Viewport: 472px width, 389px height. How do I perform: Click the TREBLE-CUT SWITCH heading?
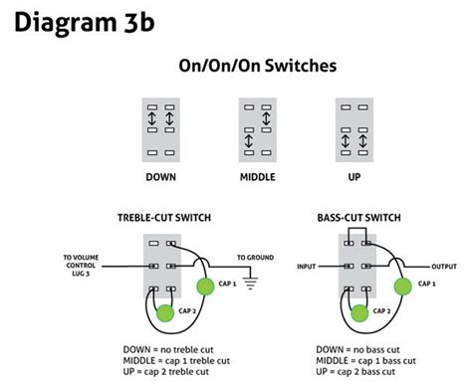(x=164, y=217)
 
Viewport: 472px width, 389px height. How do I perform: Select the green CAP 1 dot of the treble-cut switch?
(x=205, y=288)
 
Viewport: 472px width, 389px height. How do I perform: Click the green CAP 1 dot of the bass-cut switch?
(x=402, y=288)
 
